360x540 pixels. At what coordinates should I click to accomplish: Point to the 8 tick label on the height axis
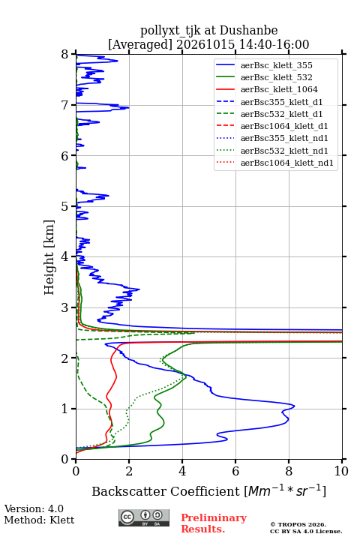click(65, 55)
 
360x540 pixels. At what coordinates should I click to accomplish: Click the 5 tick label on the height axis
click(65, 206)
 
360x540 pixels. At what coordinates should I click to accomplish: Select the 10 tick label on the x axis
click(341, 471)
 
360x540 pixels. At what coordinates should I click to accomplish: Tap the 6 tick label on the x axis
click(235, 471)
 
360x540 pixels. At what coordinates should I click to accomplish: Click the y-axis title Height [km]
click(49, 257)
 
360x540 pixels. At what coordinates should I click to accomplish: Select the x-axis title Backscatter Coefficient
click(166, 491)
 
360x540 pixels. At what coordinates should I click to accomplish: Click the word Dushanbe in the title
click(248, 31)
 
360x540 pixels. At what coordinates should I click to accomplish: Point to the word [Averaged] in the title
click(140, 44)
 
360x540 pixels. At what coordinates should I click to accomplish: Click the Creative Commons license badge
click(144, 517)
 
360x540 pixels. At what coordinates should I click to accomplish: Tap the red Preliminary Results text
click(214, 523)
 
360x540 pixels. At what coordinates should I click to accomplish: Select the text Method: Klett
click(39, 520)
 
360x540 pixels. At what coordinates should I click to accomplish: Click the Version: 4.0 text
click(34, 508)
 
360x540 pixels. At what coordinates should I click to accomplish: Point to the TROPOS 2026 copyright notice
click(298, 524)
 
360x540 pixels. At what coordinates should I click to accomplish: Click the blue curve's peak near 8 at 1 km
click(294, 406)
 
